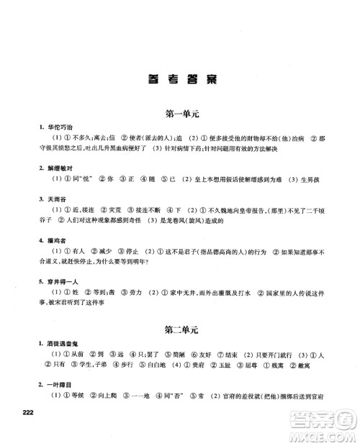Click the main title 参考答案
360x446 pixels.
(180, 80)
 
